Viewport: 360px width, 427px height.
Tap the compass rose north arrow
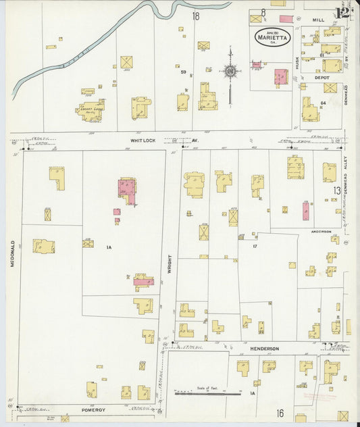[x=230, y=71]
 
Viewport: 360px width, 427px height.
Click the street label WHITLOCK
[x=143, y=141]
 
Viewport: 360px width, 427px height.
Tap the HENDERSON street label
[x=264, y=349]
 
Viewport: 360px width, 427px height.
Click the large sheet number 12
[x=342, y=11]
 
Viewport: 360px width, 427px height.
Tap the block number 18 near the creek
[x=196, y=16]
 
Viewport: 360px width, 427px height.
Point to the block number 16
[x=280, y=412]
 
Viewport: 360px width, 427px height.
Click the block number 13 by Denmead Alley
[x=336, y=191]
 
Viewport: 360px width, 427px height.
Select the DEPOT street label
[x=322, y=77]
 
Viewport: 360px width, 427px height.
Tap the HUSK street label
[x=297, y=63]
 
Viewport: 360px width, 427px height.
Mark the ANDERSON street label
[x=321, y=231]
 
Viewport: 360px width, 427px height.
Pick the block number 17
[x=255, y=247]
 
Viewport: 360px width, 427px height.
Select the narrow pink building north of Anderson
[x=306, y=211]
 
